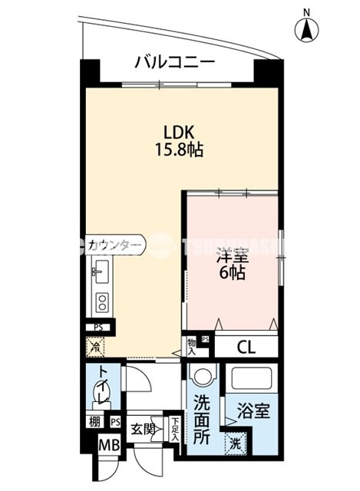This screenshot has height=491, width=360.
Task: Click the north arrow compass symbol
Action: (x=307, y=29)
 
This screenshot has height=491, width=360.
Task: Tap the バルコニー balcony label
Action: (x=174, y=62)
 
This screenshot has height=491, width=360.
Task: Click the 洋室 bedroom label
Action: (x=231, y=255)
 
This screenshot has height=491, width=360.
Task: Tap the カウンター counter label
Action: (x=114, y=245)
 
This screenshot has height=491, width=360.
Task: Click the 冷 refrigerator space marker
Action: (x=96, y=347)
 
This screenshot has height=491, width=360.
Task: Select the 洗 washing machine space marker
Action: (x=235, y=443)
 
